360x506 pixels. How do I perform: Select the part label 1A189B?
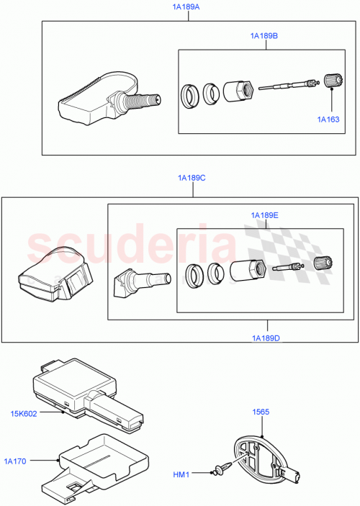point(264,35)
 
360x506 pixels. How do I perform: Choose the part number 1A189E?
point(265,214)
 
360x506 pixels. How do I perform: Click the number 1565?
point(260,412)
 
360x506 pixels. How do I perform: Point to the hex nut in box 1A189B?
point(238,91)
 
